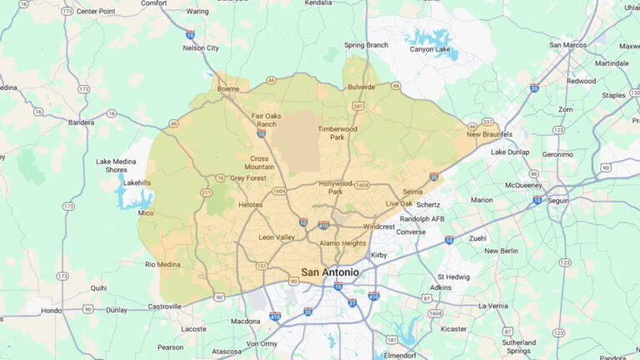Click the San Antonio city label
tap(330, 272)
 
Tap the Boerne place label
tap(227, 88)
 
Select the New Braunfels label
tap(489, 134)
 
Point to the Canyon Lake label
tap(431, 49)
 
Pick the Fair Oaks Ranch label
tap(266, 120)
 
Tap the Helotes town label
tap(250, 204)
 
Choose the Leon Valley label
tap(277, 237)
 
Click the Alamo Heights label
tap(342, 243)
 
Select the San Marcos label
tap(568, 44)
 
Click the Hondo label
tap(52, 310)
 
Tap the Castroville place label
tap(165, 307)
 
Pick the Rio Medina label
tap(162, 265)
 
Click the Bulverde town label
tap(361, 86)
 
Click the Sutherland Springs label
tap(519, 347)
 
